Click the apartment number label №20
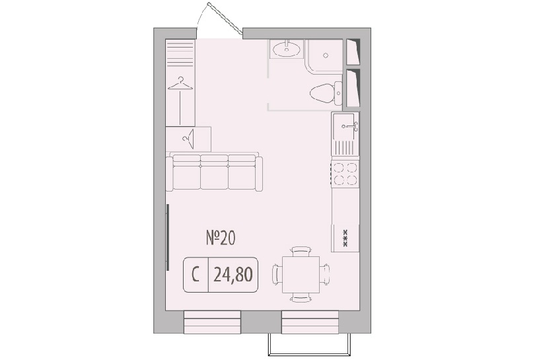[221, 238]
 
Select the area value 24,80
[233, 275]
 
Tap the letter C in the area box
[196, 275]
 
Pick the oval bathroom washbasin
[287, 49]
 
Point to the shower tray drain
[326, 55]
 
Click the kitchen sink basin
[343, 126]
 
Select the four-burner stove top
[345, 173]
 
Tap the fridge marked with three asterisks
[345, 238]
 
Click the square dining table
[301, 274]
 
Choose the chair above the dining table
[301, 251]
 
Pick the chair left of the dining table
[277, 274]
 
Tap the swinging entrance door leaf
[225, 18]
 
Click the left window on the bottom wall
[212, 322]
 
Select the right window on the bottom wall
[310, 322]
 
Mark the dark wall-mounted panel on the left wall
[168, 237]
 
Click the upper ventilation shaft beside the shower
[353, 52]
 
